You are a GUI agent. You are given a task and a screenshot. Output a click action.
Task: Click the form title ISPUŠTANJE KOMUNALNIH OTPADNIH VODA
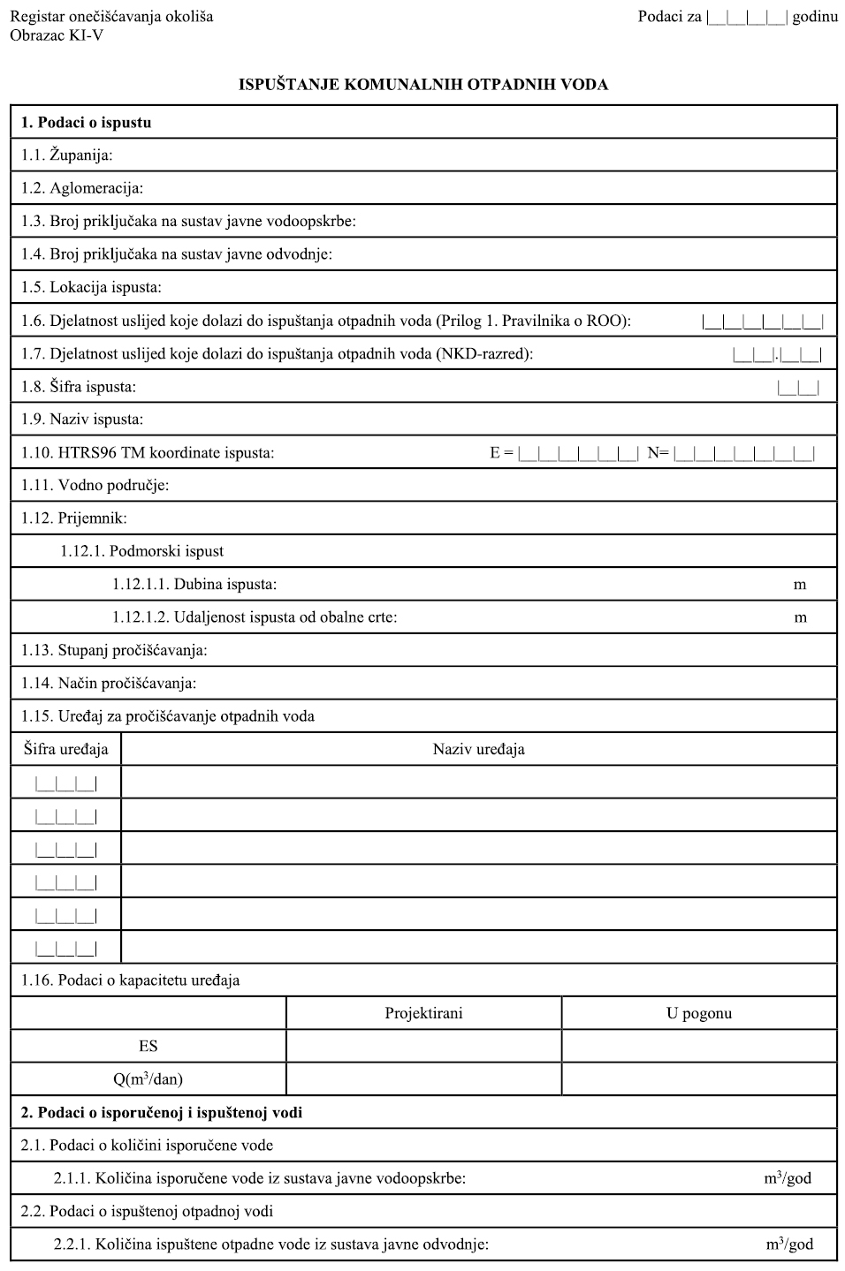423,85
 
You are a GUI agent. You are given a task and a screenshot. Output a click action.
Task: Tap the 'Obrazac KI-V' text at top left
57,35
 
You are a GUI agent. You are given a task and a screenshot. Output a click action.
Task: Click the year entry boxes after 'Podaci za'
747,17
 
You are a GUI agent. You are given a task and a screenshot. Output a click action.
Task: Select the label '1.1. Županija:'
67,155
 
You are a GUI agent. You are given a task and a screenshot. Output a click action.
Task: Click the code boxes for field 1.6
763,322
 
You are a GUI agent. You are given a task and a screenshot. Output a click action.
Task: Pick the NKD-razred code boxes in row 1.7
777,355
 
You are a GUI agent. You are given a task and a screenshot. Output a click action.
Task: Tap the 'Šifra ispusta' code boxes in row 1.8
798,387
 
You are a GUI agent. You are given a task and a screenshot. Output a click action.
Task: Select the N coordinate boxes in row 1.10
744,454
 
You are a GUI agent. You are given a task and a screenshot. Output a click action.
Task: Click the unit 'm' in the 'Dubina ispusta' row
800,585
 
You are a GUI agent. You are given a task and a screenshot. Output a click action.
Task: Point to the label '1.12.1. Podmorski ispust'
141,551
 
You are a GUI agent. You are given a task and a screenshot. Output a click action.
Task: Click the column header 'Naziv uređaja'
478,749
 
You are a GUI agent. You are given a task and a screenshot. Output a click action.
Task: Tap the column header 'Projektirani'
423,1013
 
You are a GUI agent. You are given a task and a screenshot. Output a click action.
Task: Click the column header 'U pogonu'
699,1013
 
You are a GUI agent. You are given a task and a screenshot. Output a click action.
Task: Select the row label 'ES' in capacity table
148,1046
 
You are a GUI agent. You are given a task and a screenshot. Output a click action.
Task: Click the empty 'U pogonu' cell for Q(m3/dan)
699,1078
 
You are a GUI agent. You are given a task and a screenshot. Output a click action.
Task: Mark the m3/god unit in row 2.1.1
788,1177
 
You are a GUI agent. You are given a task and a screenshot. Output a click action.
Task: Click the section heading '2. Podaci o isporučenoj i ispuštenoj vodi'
162,1112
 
